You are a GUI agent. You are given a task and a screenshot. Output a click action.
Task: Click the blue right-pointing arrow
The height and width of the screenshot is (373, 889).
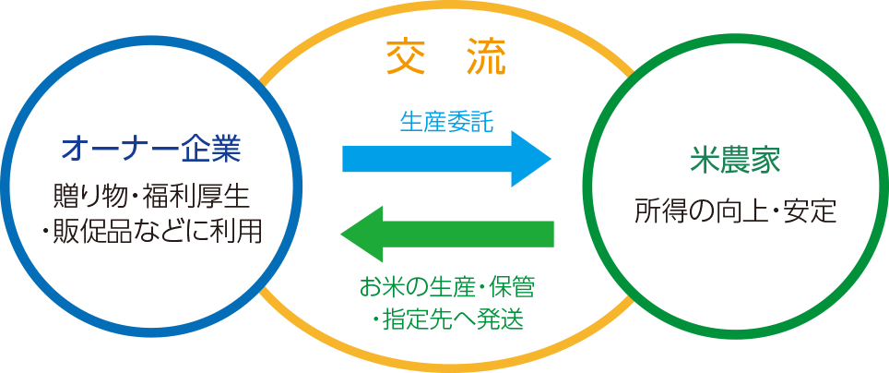(x=443, y=159)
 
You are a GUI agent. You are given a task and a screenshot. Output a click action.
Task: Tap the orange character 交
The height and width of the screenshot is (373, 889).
(x=404, y=59)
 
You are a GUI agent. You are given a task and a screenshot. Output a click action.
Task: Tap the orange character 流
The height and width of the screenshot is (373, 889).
(x=485, y=59)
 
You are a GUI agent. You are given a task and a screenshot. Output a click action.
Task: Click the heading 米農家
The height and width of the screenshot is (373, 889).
(x=735, y=162)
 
